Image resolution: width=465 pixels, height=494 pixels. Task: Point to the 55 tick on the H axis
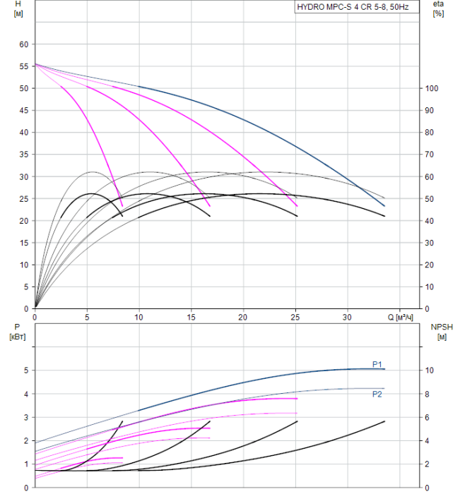tap(24, 66)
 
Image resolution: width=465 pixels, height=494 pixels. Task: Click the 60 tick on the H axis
tap(24, 44)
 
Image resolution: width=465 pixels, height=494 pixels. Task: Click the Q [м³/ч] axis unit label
tap(400, 318)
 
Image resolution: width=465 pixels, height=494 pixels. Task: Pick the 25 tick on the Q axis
tap(295, 318)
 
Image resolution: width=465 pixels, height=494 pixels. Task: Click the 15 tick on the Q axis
tap(191, 318)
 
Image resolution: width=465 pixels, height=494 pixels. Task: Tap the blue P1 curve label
tap(377, 364)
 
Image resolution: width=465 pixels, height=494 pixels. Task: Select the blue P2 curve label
tap(377, 394)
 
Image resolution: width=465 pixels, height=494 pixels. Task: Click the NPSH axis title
tap(440, 331)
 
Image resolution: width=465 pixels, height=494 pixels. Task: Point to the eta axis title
tap(439, 10)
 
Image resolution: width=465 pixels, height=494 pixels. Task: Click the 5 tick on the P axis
tap(25, 370)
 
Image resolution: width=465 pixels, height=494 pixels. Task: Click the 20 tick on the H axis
tap(24, 221)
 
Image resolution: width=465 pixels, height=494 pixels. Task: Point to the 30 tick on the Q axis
tap(348, 318)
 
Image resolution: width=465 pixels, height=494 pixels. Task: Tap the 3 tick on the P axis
tap(25, 417)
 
